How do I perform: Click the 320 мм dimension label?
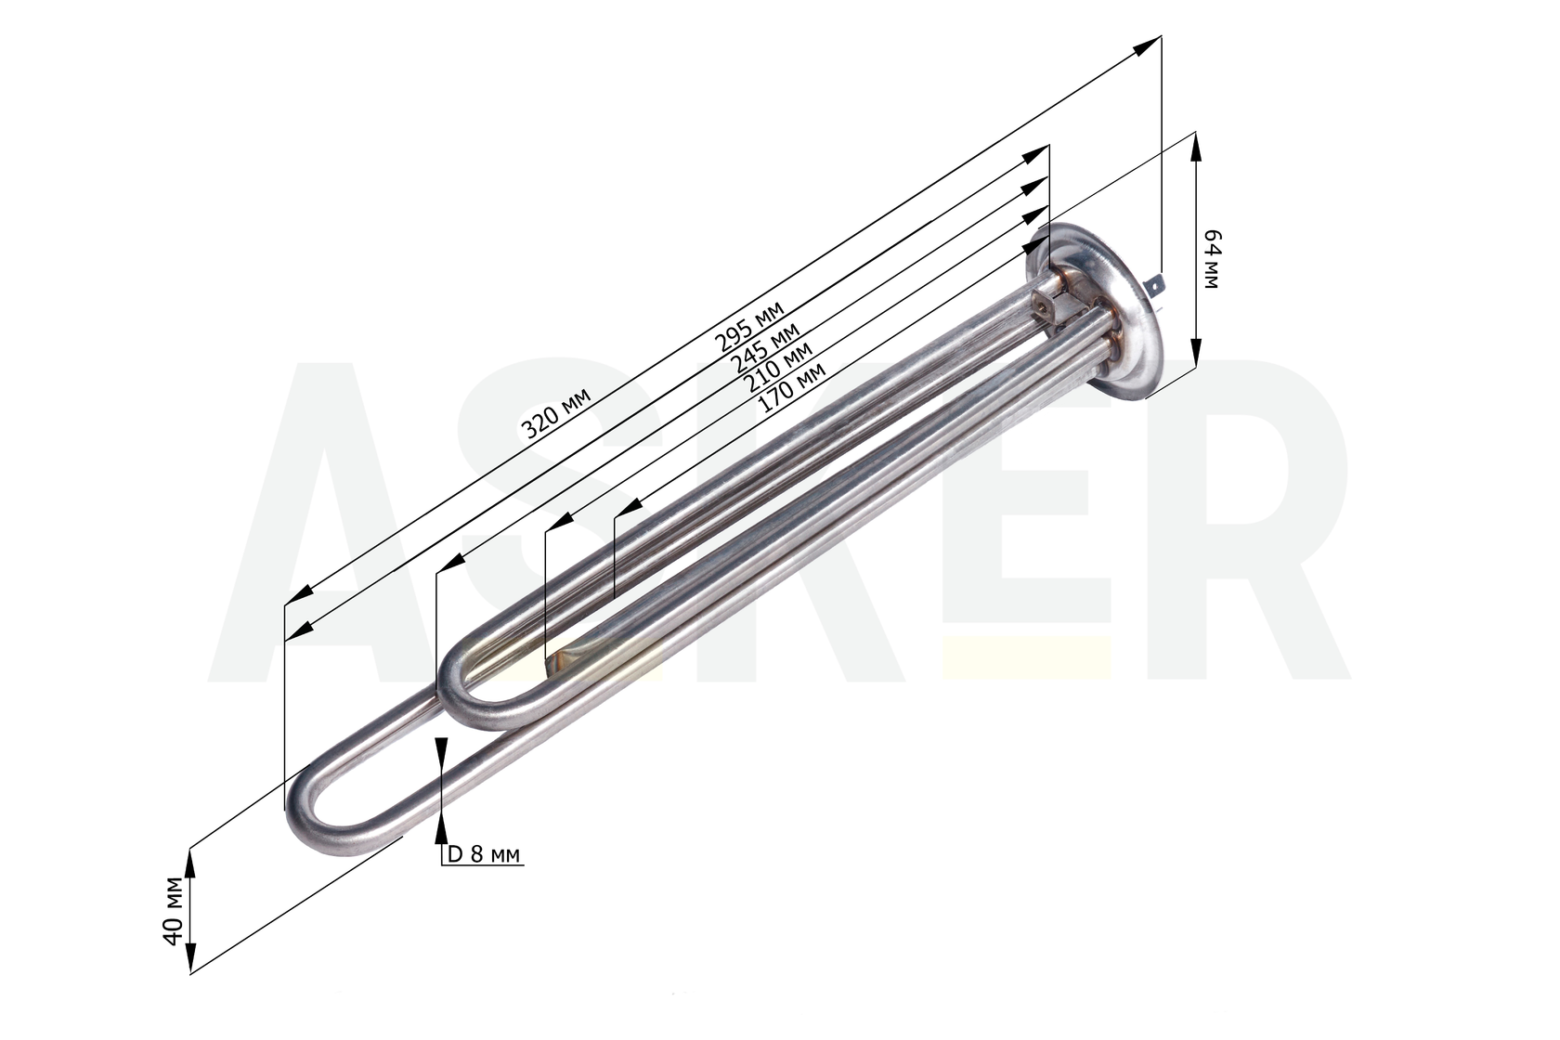pyautogui.click(x=556, y=414)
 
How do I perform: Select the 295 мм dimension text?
pyautogui.click(x=749, y=326)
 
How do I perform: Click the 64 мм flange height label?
pyautogui.click(x=1213, y=258)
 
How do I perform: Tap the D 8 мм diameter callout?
pyautogui.click(x=484, y=854)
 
